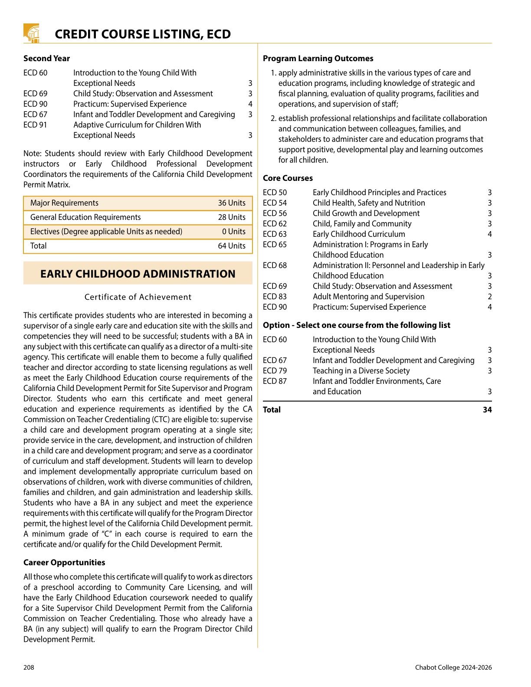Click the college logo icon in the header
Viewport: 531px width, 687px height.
[x=31, y=33]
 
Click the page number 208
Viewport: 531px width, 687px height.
[x=29, y=667]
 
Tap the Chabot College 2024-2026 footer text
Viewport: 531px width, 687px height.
[x=453, y=667]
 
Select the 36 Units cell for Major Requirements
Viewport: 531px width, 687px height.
[x=231, y=203]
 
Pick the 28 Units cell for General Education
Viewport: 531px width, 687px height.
[x=231, y=217]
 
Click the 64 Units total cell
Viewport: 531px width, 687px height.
[x=231, y=246]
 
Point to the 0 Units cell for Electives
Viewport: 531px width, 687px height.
[x=233, y=232]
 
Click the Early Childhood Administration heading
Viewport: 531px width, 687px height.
[x=138, y=274]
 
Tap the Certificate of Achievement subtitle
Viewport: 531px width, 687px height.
[x=138, y=297]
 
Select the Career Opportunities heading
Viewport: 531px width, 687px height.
[x=64, y=563]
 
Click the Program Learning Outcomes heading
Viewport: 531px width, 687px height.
[x=318, y=59]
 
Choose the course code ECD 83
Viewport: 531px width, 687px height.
[x=275, y=297]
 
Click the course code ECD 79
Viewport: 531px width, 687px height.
[x=275, y=371]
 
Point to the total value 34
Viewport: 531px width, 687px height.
[x=487, y=410]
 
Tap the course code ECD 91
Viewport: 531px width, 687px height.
[x=35, y=125]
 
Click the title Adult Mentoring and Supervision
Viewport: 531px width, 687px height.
[x=368, y=297]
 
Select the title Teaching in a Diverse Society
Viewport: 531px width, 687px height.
[x=361, y=371]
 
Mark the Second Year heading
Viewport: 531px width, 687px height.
[x=46, y=59]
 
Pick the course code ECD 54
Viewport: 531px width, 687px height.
[x=275, y=203]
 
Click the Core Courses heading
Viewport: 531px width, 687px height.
[x=288, y=178]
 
